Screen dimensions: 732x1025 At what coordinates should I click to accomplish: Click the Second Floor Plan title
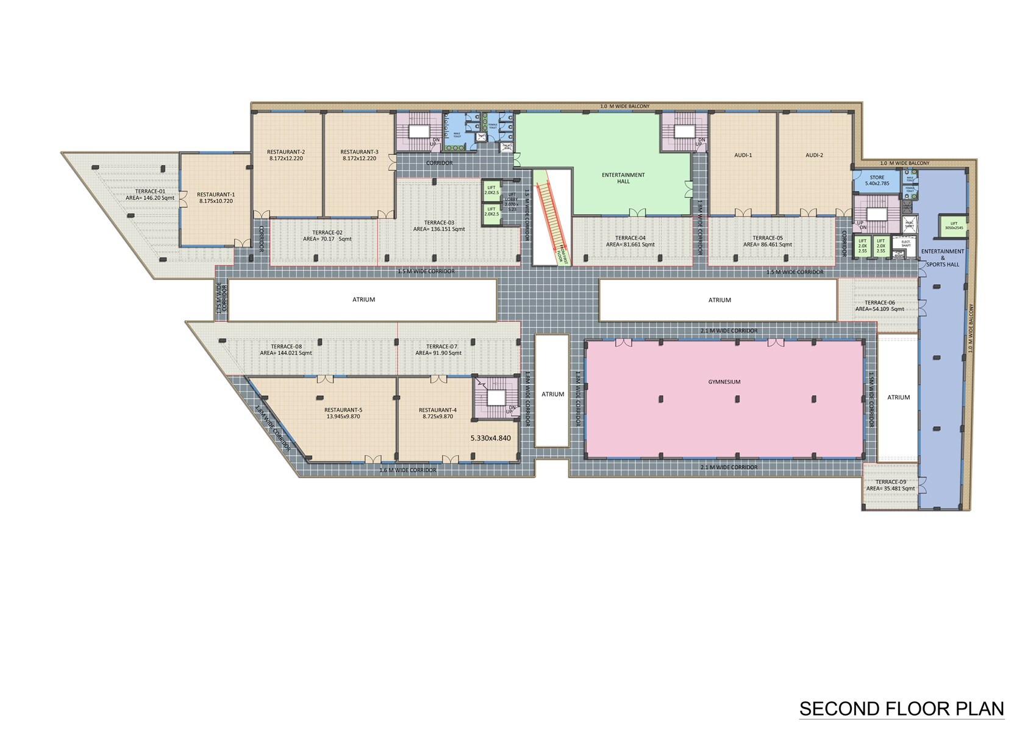click(x=901, y=708)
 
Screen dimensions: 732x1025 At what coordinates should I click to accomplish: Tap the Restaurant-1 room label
click(x=216, y=198)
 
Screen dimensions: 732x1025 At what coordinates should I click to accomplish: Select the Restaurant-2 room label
click(x=286, y=155)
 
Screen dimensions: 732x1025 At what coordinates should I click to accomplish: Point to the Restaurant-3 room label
click(x=359, y=155)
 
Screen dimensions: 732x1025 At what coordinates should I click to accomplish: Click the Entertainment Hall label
click(x=623, y=178)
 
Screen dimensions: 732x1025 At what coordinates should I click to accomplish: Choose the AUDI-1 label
click(x=743, y=155)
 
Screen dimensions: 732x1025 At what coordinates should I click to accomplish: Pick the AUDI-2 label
click(x=814, y=155)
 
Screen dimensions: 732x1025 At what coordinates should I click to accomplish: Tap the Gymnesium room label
click(x=724, y=382)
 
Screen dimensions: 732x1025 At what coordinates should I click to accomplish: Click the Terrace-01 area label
click(x=150, y=195)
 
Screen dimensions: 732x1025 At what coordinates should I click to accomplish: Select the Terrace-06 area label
click(x=879, y=306)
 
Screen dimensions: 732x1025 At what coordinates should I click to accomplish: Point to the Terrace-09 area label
click(x=890, y=486)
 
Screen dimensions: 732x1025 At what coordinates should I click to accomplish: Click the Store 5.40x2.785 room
click(x=877, y=181)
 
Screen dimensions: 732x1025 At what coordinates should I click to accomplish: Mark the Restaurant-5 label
click(x=343, y=413)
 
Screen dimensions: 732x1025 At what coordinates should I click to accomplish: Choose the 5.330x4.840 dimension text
click(x=490, y=438)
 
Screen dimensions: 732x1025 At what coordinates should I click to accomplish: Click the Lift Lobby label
click(x=511, y=202)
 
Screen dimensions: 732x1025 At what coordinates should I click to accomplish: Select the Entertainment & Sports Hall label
click(x=943, y=257)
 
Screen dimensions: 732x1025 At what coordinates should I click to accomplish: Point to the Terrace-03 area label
click(x=438, y=226)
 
